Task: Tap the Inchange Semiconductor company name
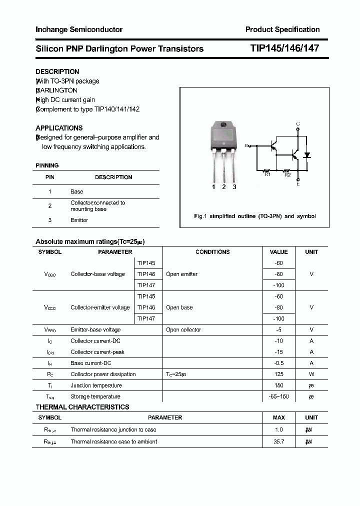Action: tap(79, 29)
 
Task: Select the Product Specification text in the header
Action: tap(282, 29)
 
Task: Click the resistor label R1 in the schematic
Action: tap(267, 174)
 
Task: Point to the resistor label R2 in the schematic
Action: tap(287, 174)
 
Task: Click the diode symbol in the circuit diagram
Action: tap(307, 155)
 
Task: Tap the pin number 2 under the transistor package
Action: tap(224, 186)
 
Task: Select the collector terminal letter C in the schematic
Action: tap(298, 123)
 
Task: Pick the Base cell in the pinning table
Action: tap(77, 191)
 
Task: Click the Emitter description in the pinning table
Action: tap(79, 220)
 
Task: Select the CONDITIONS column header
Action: tap(212, 252)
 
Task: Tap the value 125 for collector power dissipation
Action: tap(278, 374)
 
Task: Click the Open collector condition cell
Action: tap(183, 329)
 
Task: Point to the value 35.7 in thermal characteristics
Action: tap(278, 441)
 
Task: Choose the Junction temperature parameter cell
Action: tap(96, 385)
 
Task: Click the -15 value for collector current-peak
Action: tap(278, 352)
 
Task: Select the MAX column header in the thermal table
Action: tap(278, 417)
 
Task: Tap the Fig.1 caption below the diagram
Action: tap(254, 216)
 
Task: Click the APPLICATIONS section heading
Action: tap(59, 128)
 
